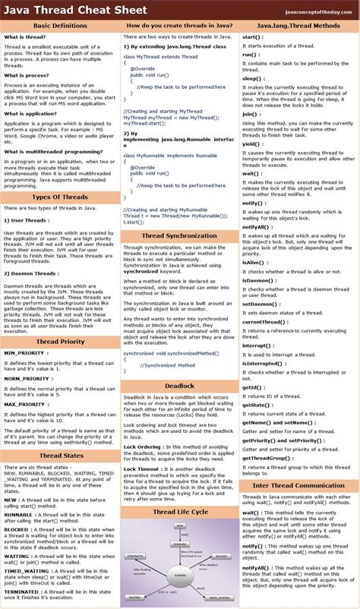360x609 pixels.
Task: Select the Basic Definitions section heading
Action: pyautogui.click(x=60, y=26)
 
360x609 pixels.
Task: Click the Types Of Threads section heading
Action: pyautogui.click(x=60, y=197)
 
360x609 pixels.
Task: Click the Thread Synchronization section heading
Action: pyautogui.click(x=179, y=236)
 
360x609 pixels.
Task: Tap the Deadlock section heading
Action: pyautogui.click(x=179, y=387)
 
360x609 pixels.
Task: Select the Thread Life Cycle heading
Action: pyautogui.click(x=179, y=513)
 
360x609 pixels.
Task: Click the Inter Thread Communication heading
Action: pyautogui.click(x=298, y=485)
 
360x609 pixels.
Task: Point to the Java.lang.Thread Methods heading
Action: pyautogui.click(x=298, y=26)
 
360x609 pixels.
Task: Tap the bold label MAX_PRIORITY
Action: pyautogui.click(x=27, y=403)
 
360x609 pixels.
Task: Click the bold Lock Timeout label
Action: pyautogui.click(x=144, y=469)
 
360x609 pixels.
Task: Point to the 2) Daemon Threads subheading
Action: pyautogui.click(x=32, y=273)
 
